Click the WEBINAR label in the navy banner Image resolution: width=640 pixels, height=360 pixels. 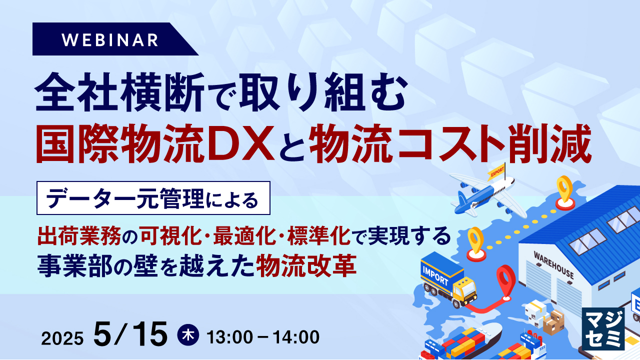111,39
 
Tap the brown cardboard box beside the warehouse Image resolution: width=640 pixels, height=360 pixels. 553,323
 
